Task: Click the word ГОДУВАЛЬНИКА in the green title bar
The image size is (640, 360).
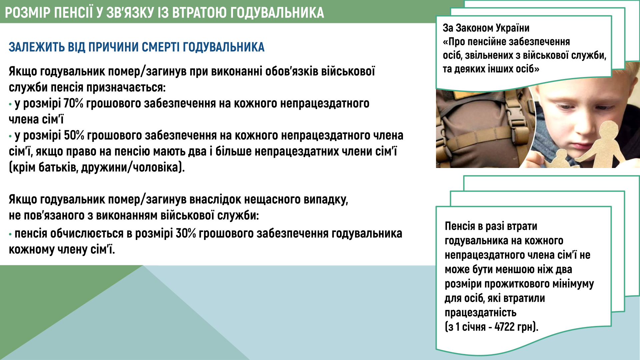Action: [x=277, y=13]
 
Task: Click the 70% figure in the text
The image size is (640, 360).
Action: [x=73, y=103]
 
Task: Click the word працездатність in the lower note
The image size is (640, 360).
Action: [x=480, y=313]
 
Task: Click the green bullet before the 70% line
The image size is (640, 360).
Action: [x=10, y=104]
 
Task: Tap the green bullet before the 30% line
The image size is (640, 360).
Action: [x=10, y=234]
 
